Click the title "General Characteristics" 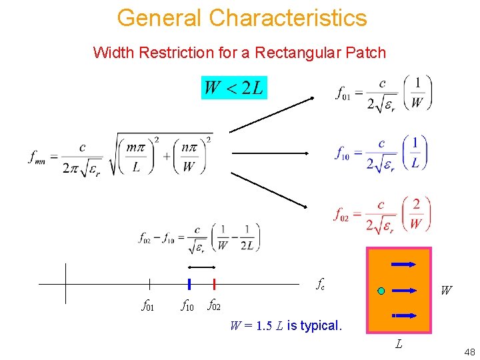(x=241, y=17)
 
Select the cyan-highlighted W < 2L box (x=234, y=87)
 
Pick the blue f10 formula (x=381, y=153)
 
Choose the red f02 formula (x=383, y=214)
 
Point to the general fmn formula (x=121, y=155)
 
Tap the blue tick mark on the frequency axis (x=189, y=284)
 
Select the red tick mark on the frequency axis (x=214, y=284)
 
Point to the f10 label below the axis (x=188, y=306)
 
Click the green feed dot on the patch (x=381, y=291)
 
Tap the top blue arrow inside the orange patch (x=404, y=264)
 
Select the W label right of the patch (x=446, y=291)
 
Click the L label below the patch (x=398, y=344)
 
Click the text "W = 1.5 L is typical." (x=285, y=326)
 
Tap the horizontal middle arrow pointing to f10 (x=269, y=153)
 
